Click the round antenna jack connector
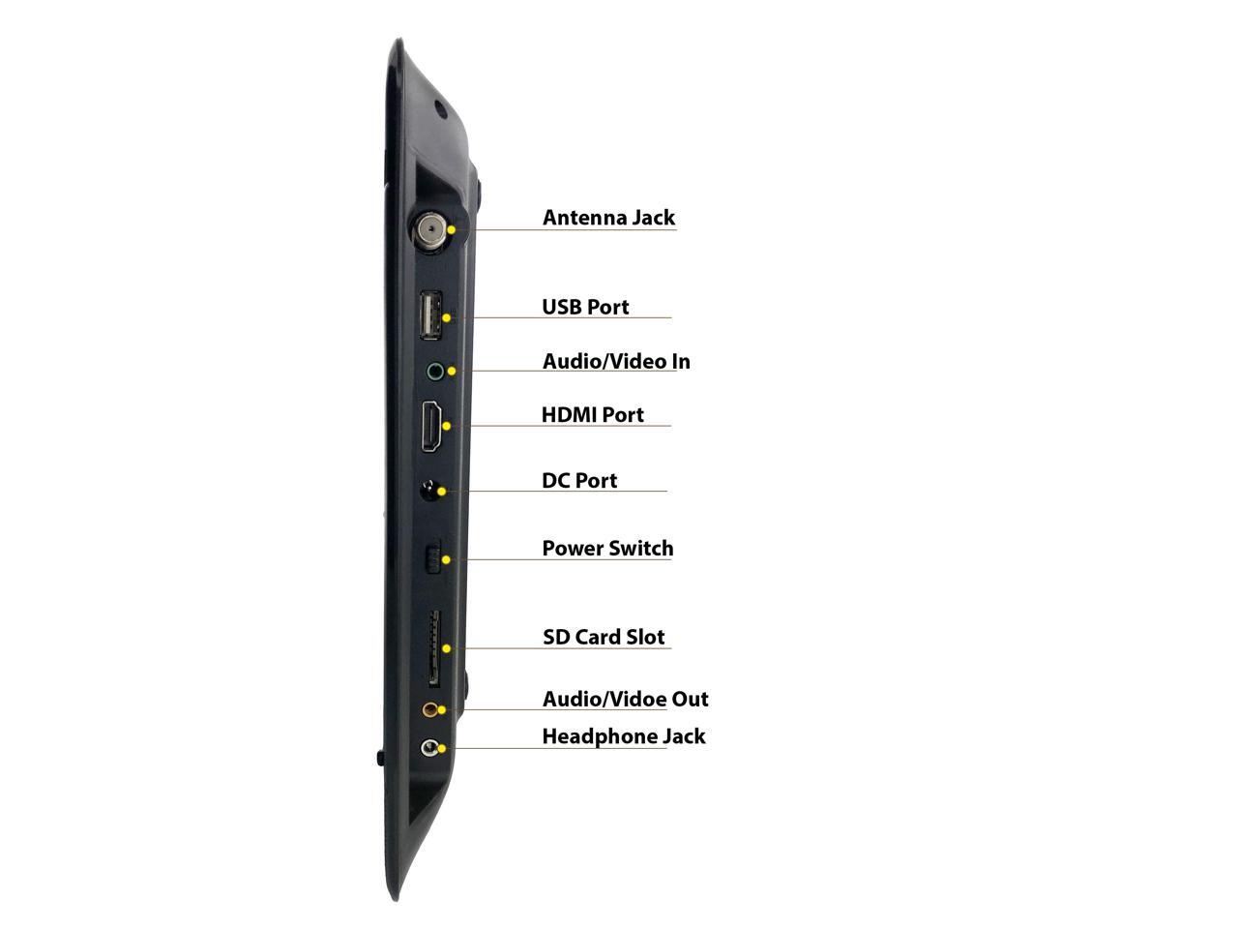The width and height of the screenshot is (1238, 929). pos(430,230)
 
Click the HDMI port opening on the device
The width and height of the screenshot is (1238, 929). pos(431,427)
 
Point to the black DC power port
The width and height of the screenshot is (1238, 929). pos(429,491)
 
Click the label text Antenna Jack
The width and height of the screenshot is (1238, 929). pos(608,218)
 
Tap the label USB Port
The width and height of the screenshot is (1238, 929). pos(585,307)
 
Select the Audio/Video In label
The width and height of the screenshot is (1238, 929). pos(616,361)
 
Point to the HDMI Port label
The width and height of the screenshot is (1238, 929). pos(592,415)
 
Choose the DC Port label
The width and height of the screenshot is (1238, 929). pos(579,481)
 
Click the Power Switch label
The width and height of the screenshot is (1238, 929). pos(607,549)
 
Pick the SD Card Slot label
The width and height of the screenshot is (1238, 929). pos(604,637)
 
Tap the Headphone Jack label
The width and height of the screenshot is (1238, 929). pos(624,736)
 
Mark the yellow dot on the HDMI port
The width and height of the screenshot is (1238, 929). pos(446,425)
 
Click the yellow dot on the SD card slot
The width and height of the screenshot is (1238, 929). pos(446,648)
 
